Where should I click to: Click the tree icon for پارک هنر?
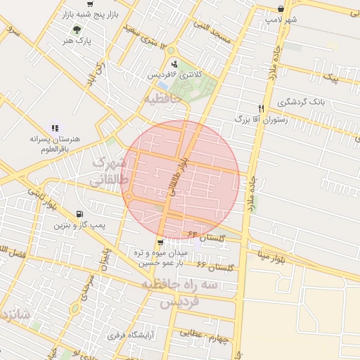click(77, 30)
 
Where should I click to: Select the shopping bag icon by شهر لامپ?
click(281, 8)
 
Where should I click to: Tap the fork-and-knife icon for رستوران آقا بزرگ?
click(261, 108)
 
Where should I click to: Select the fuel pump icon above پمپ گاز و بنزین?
click(78, 214)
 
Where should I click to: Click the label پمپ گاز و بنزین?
click(79, 226)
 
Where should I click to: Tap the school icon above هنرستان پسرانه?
click(55, 128)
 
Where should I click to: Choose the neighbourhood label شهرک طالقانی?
click(108, 172)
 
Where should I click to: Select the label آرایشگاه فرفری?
click(131, 335)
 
